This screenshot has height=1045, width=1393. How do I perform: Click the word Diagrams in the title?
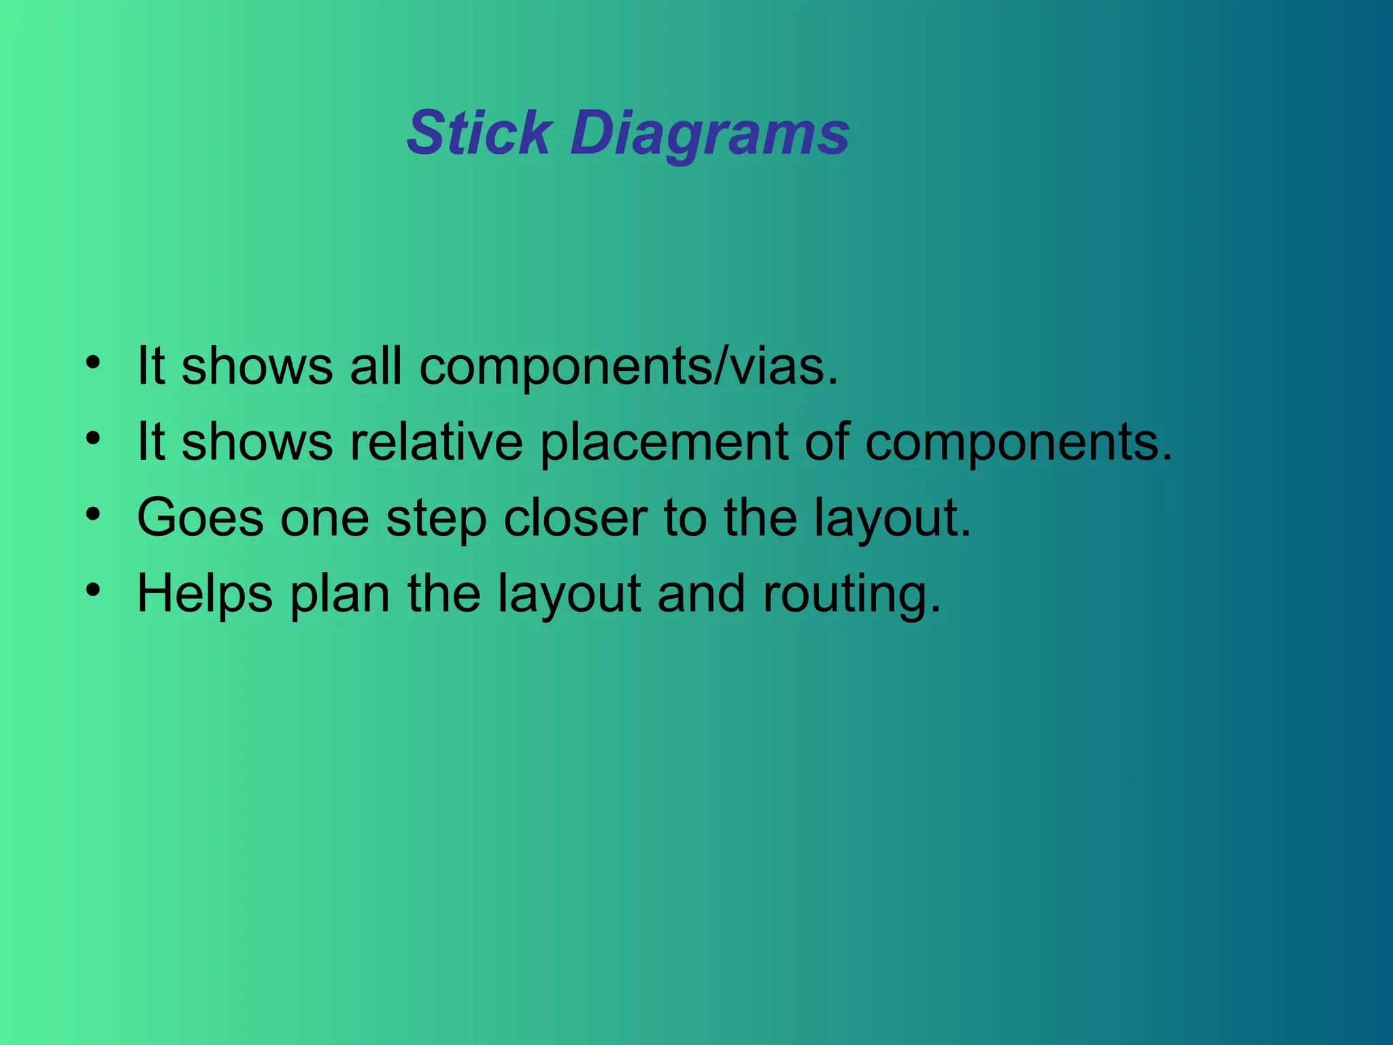[710, 135]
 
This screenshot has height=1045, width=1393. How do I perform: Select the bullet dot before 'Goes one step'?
[93, 513]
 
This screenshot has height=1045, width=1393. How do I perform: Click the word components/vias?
[628, 368]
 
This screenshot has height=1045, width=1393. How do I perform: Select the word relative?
[436, 443]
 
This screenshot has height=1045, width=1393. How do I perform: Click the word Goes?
[200, 518]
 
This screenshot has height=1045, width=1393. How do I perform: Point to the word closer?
[575, 518]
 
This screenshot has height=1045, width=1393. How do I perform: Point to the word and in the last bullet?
[701, 594]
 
